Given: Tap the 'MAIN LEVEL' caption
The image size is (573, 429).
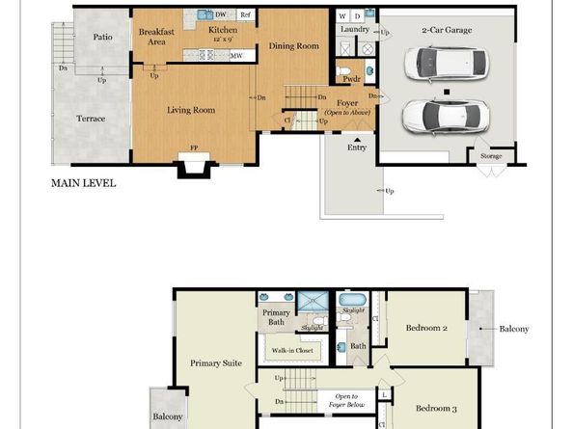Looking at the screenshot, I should [84, 181].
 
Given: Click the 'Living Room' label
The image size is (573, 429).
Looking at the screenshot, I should [190, 110].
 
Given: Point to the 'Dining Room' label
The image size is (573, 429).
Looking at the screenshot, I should [293, 45].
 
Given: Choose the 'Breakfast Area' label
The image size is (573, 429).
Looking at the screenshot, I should [156, 37].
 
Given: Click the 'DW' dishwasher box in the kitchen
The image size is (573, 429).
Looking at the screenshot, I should [221, 15].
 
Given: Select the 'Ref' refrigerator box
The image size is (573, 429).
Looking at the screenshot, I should [245, 15].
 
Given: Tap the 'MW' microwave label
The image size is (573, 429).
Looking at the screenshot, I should [235, 56].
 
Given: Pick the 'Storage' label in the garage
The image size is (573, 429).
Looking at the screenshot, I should [490, 155].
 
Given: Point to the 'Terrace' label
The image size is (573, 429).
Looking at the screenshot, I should [91, 119].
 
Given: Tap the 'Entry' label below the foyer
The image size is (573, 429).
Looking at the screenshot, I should [358, 147].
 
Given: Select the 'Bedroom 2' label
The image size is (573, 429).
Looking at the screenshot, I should [426, 329].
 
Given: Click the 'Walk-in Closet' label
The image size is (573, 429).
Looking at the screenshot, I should [292, 351].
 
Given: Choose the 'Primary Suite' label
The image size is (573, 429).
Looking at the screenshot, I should [215, 363].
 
